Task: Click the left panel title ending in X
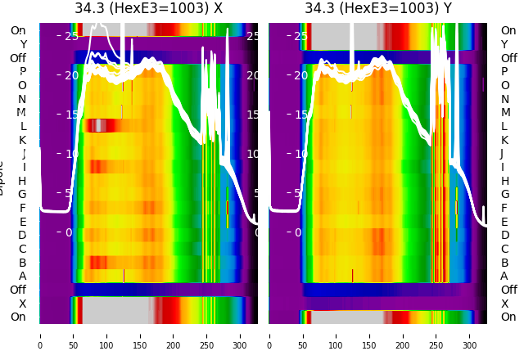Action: [x=148, y=9]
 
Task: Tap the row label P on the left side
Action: [x=22, y=72]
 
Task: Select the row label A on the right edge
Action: [x=504, y=277]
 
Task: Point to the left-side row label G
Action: [x=22, y=195]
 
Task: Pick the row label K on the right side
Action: [x=504, y=140]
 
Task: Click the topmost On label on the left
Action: [x=18, y=31]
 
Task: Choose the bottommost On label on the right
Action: [x=508, y=317]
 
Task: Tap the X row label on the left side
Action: [x=22, y=304]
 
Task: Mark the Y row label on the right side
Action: [x=504, y=44]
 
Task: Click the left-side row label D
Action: [x=22, y=236]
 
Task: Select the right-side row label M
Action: [x=504, y=113]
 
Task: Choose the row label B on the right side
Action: [x=504, y=263]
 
